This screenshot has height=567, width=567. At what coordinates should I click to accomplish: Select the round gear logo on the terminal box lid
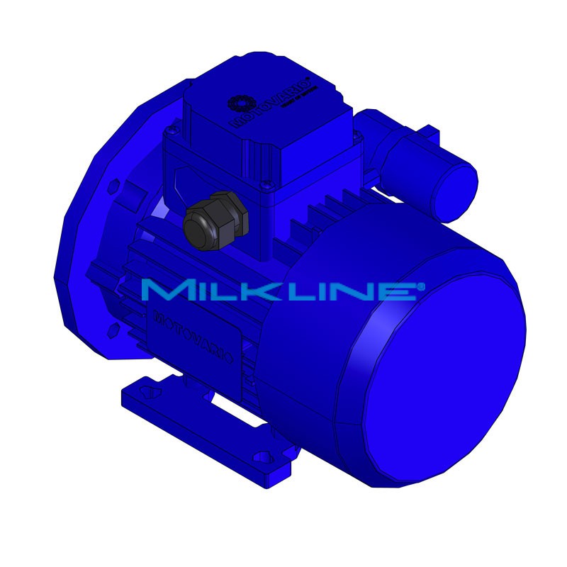pyautogui.click(x=238, y=103)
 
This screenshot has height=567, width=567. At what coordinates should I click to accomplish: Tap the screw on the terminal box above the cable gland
pyautogui.click(x=265, y=186)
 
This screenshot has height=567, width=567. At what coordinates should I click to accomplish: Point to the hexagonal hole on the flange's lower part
pyautogui.click(x=113, y=330)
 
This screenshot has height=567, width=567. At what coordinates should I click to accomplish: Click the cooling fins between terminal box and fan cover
pyautogui.click(x=319, y=213)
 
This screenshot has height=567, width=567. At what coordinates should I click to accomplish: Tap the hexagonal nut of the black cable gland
pyautogui.click(x=220, y=209)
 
